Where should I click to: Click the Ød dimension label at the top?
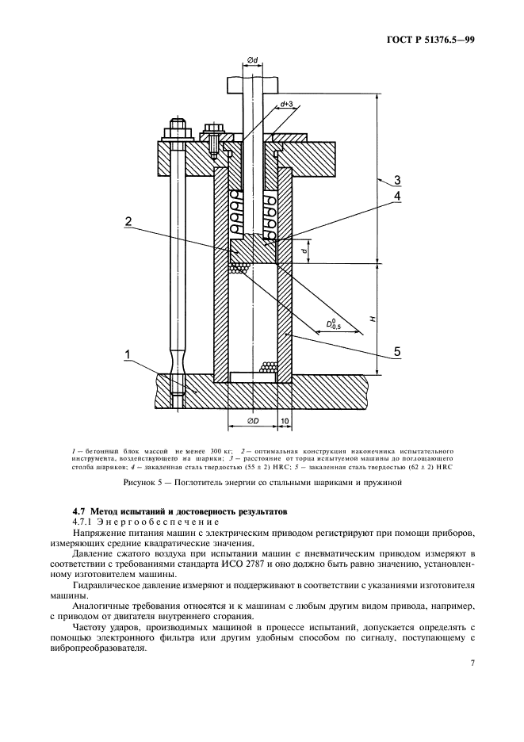[x=252, y=60]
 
